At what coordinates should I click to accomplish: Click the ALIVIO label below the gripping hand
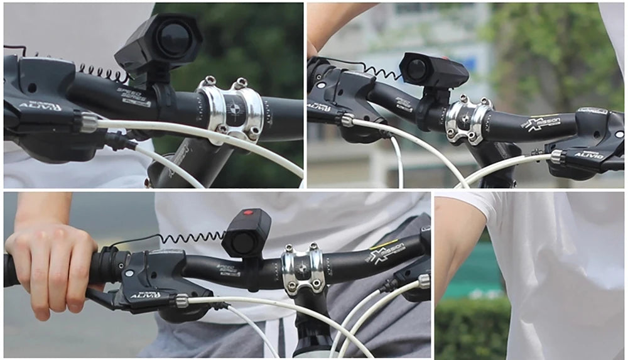click(x=146, y=295)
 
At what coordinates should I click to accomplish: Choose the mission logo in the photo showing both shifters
click(x=541, y=123)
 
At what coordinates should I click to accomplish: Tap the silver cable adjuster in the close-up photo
click(x=89, y=122)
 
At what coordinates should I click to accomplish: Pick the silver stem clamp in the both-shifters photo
click(x=467, y=119)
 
